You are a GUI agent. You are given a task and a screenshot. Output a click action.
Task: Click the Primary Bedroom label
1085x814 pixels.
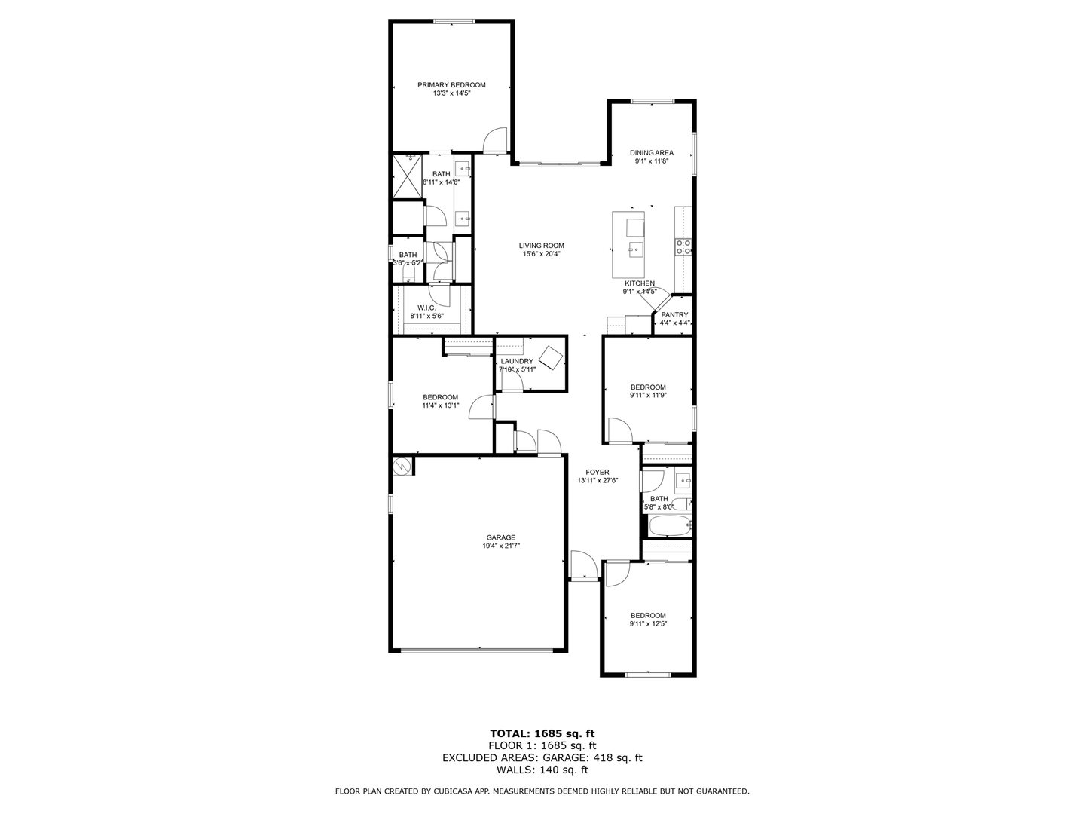[x=451, y=85]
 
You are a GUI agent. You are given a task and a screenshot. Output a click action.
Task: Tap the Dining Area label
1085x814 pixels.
[x=652, y=153]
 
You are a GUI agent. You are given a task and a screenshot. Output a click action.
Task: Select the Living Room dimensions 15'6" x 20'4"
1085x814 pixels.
[x=541, y=254]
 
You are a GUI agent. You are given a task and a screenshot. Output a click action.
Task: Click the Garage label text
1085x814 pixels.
[x=501, y=537]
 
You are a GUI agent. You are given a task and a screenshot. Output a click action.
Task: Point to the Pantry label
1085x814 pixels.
[x=674, y=315]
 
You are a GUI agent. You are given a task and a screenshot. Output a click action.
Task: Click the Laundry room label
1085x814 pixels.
[x=517, y=361]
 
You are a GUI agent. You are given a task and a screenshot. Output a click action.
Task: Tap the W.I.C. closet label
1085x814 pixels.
[x=426, y=308]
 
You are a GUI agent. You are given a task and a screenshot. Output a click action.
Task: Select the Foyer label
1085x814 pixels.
[x=597, y=472]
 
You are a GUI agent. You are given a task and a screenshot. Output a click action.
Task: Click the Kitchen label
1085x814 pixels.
[x=640, y=283]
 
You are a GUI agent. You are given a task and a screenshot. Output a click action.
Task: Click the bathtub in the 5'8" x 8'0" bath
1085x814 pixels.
[x=670, y=526]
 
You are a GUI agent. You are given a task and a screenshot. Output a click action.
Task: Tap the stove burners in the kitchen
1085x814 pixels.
[x=683, y=247]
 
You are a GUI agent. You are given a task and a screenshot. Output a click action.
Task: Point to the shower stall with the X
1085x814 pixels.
[x=408, y=176]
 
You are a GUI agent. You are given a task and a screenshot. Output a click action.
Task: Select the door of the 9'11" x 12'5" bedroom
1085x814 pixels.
[x=616, y=574]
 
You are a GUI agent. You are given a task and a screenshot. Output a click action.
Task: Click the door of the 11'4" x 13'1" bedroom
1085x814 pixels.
[x=481, y=407]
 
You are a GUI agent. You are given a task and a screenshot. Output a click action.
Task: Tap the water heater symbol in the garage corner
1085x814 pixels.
[x=402, y=467]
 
